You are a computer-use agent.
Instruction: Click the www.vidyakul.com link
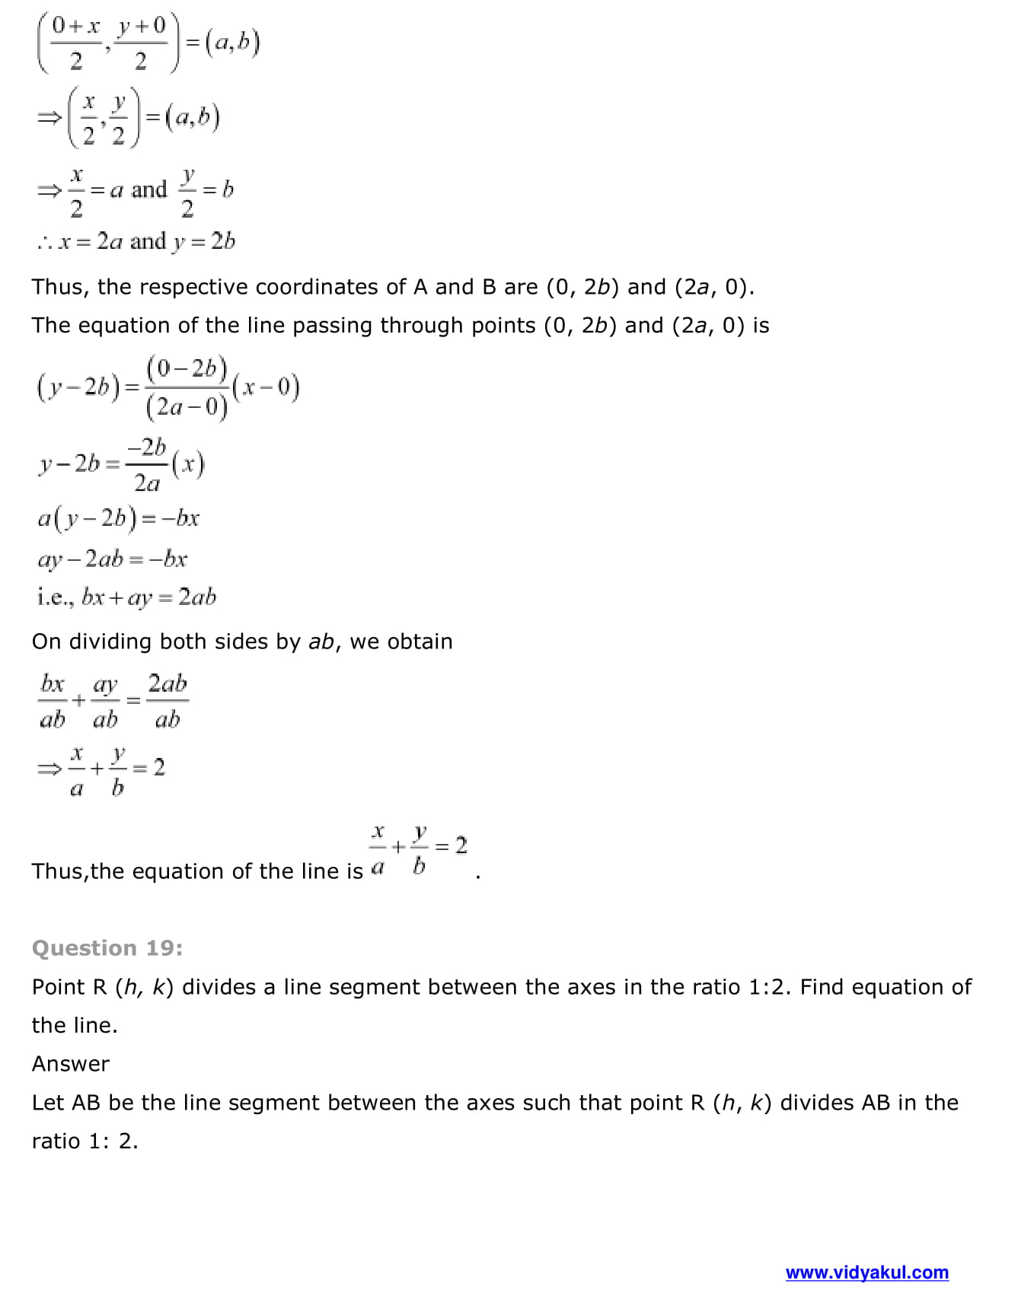(x=866, y=1272)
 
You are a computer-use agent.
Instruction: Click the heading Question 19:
(x=107, y=948)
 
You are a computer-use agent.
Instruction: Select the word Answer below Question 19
(x=71, y=1064)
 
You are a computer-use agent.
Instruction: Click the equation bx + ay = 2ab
(x=148, y=597)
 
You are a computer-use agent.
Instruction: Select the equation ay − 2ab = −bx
(x=113, y=559)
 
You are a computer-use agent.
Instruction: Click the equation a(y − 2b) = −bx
(x=119, y=519)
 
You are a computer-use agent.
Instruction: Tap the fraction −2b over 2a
(x=147, y=464)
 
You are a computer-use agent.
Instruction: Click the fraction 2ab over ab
(x=168, y=701)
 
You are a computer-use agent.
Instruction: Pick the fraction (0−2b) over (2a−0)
(x=187, y=388)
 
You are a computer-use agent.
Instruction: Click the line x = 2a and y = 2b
(x=136, y=242)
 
